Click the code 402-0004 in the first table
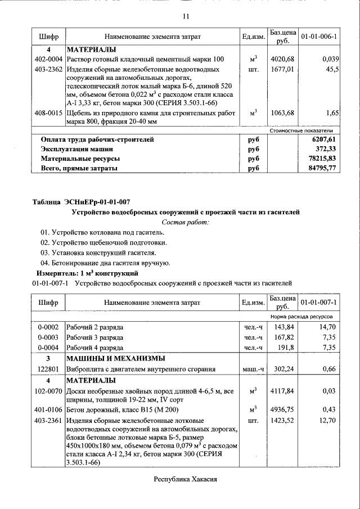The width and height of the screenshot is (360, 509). tap(48, 59)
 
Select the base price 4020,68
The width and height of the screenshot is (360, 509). tap(282, 59)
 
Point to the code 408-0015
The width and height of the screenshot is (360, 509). tap(48, 113)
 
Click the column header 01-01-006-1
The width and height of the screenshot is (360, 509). tap(319, 37)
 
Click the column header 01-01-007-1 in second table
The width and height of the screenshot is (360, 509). tap(319, 302)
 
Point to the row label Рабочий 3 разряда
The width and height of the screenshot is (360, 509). tap(95, 337)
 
